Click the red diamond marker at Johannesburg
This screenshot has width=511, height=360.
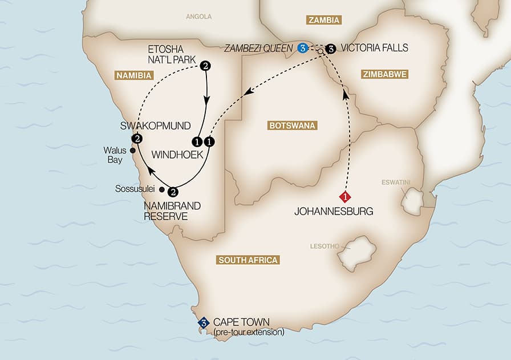pos(345,197)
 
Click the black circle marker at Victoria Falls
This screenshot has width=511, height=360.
pos(331,48)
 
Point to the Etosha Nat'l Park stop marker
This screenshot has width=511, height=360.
pos(205,67)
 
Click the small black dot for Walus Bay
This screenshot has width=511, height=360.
pos(133,151)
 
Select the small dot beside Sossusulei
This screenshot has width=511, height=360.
pos(162,189)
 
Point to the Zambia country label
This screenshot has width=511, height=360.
pos(323,21)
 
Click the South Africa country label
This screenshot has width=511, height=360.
pos(248,260)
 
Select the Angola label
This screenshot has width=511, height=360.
pos(198,17)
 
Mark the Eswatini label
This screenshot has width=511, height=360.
pos(396,183)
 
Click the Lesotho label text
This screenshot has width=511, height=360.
pos(323,246)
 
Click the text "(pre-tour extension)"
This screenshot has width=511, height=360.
pos(249,331)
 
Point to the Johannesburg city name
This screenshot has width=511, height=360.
pos(334,212)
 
